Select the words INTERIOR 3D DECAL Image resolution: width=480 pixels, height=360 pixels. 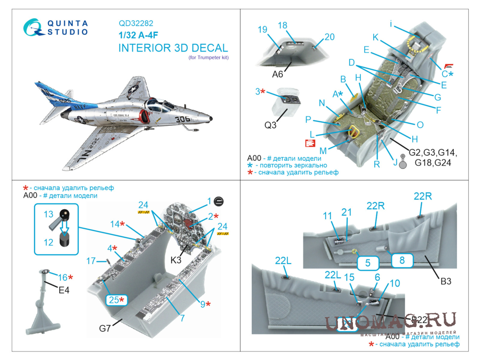tap(173, 48)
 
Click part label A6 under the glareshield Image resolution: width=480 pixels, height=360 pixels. tap(278, 74)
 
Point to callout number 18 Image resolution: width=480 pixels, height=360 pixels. tap(282, 25)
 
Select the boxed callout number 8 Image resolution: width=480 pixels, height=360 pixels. tap(402, 259)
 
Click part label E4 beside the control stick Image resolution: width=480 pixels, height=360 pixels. tap(64, 290)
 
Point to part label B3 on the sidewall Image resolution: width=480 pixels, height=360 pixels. tap(445, 282)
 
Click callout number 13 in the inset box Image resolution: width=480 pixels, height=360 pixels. tap(48, 214)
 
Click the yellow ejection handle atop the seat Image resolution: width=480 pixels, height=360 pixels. tap(415, 45)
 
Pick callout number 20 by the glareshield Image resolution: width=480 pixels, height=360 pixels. tap(329, 37)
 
